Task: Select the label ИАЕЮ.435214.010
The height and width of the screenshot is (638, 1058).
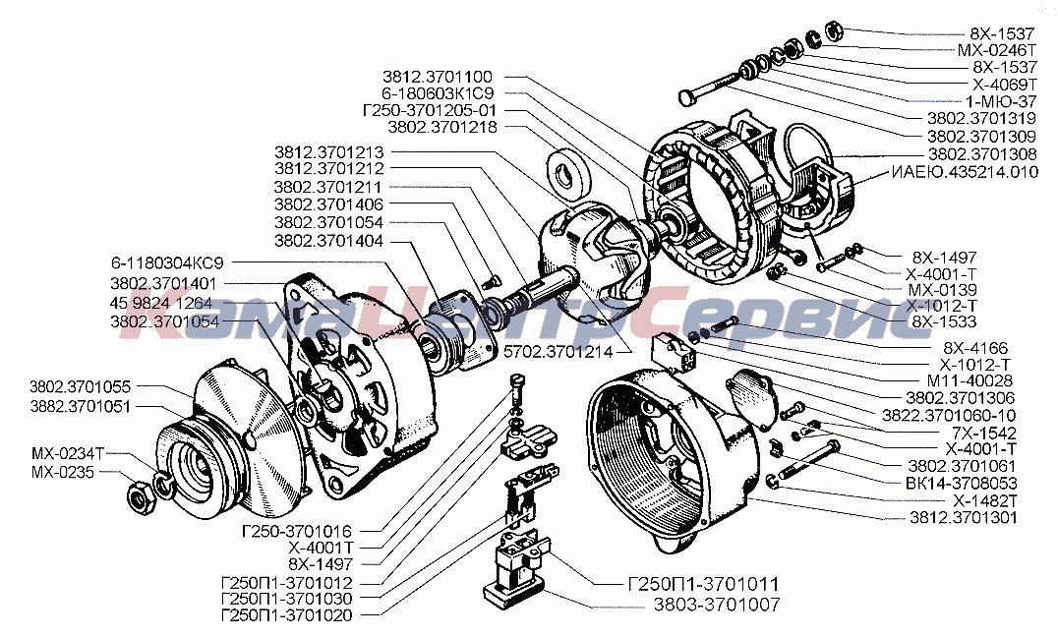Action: click(x=965, y=173)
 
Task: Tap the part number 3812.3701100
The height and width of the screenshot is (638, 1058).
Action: click(x=440, y=77)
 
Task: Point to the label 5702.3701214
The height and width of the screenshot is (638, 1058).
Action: click(x=557, y=349)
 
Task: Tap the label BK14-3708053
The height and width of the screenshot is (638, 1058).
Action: click(x=963, y=484)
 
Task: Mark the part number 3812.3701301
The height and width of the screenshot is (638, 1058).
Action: click(x=964, y=517)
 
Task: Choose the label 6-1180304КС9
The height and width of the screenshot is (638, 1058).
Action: click(x=168, y=263)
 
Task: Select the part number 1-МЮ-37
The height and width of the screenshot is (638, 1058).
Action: click(x=997, y=101)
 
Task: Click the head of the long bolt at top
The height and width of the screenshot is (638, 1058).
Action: click(x=688, y=98)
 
